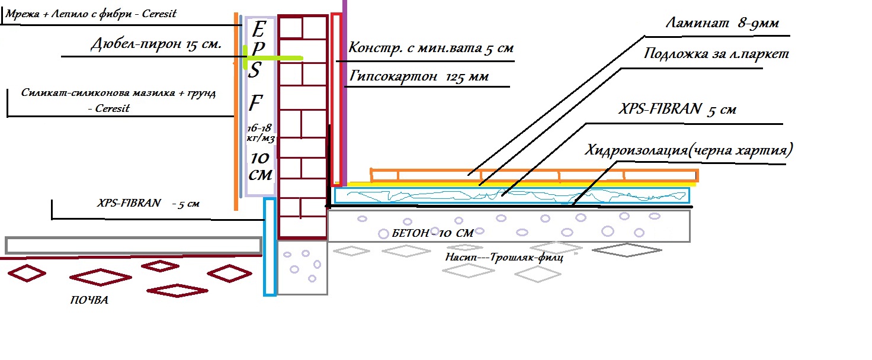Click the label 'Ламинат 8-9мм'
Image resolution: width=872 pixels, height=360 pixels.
(x=722, y=24)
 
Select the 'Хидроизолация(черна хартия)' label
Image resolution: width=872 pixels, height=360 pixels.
(x=688, y=150)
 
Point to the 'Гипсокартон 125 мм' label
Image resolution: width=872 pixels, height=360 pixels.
(x=419, y=77)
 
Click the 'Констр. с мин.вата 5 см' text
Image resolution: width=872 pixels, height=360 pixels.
(x=431, y=48)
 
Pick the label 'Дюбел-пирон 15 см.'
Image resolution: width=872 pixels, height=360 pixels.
(x=156, y=44)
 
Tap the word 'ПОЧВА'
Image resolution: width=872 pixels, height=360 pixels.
(x=89, y=301)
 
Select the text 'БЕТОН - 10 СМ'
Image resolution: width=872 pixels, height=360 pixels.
(x=432, y=233)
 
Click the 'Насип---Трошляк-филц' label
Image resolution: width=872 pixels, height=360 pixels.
(x=504, y=258)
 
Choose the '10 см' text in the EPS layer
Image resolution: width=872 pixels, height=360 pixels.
(x=261, y=166)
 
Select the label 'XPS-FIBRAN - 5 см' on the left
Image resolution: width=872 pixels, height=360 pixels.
(x=148, y=202)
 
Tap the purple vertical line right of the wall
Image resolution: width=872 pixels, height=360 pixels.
(x=344, y=89)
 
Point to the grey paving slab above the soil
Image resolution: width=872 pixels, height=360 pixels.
(x=133, y=245)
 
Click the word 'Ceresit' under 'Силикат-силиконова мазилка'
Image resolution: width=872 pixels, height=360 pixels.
(x=113, y=108)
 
